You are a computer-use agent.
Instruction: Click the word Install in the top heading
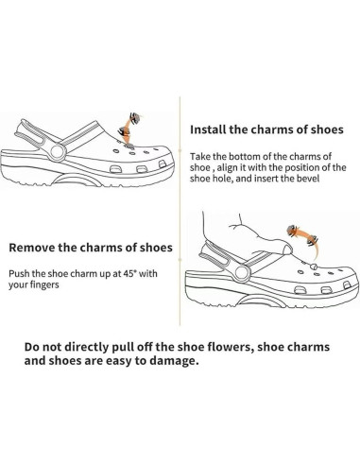coord(211,130)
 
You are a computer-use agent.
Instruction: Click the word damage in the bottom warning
coord(176,362)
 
